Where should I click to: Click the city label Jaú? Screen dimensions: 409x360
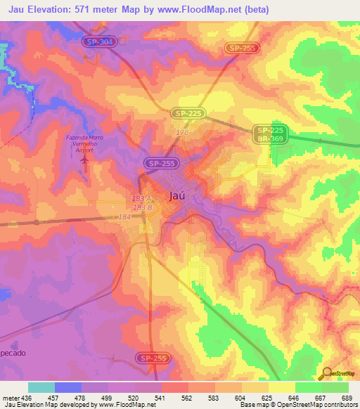point(179,197)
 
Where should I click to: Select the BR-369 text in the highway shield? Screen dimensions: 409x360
point(270,140)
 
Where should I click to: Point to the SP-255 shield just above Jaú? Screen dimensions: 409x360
point(160,163)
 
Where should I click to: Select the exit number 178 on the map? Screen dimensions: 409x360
point(182,131)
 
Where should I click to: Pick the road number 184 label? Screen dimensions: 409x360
point(125,217)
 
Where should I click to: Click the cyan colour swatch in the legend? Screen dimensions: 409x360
point(41,387)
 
